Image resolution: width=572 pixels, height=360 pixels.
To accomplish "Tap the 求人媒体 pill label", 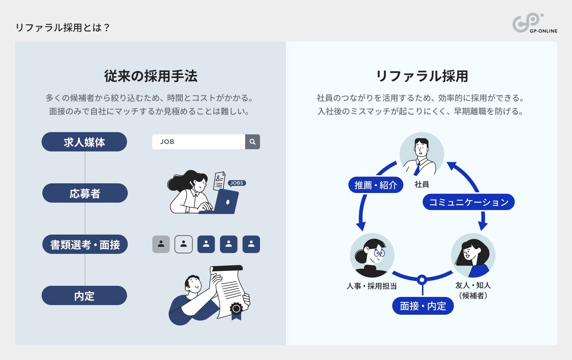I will coord(84,142).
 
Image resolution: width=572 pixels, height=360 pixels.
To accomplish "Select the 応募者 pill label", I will coord(85,193).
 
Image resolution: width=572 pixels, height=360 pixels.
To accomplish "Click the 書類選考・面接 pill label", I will coord(85,244).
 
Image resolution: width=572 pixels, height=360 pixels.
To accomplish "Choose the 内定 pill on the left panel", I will coord(84,295).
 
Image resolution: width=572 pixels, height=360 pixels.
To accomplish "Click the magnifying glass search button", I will coord(253,142).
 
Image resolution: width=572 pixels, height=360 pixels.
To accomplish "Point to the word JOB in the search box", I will coord(167,142).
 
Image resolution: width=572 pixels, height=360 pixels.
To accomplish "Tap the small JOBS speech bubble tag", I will coord(237,183).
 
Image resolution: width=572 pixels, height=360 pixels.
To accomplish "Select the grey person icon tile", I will coord(161,244).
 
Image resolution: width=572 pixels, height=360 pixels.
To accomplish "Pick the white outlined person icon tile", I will coord(183,244).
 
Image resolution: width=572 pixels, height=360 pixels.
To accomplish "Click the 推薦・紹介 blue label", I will coord(376,185).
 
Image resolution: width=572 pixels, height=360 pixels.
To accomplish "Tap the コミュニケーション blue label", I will coord(468,202).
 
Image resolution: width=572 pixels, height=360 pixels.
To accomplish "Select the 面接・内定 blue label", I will coord(423,306).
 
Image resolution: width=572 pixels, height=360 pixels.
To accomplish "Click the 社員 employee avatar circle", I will coord(422,154).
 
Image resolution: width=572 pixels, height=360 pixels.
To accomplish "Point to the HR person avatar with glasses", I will coord(372,255).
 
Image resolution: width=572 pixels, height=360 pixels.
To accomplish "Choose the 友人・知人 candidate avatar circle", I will coord(473,255).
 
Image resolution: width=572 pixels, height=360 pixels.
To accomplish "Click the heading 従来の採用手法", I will coord(150,76).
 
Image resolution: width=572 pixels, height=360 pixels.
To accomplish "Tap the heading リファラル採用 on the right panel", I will coord(422,76).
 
